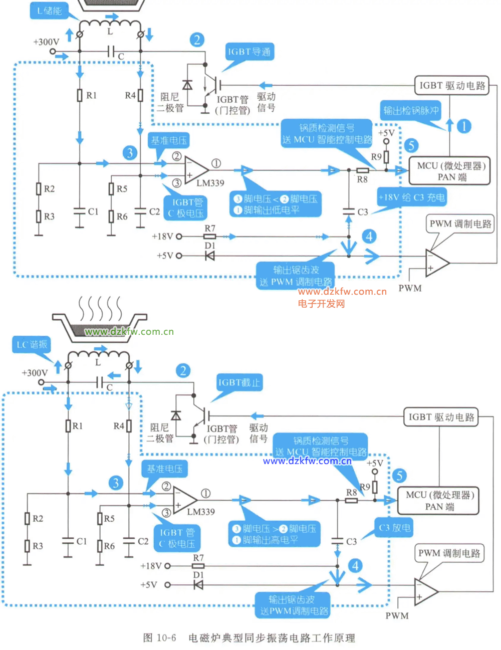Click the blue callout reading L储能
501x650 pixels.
pyautogui.click(x=49, y=11)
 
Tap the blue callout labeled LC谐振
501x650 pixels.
pyautogui.click(x=32, y=344)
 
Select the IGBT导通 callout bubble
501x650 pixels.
pyautogui.click(x=249, y=52)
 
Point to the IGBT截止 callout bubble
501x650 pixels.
pyautogui.click(x=239, y=383)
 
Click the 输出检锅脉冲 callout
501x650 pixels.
pyautogui.click(x=411, y=110)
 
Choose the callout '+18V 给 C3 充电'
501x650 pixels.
pyautogui.click(x=411, y=197)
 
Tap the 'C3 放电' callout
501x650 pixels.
pyautogui.click(x=394, y=528)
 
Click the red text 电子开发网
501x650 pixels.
pyautogui.click(x=321, y=303)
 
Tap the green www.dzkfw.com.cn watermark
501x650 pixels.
pyautogui.click(x=129, y=331)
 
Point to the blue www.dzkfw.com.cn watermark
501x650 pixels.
pyautogui.click(x=307, y=461)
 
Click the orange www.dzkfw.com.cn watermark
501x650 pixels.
pyautogui.click(x=342, y=292)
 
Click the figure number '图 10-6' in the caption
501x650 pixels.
pyautogui.click(x=159, y=638)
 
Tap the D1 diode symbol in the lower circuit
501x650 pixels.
pyautogui.click(x=198, y=585)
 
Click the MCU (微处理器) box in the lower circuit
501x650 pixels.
pyautogui.click(x=439, y=501)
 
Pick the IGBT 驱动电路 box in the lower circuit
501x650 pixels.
pyautogui.click(x=441, y=417)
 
